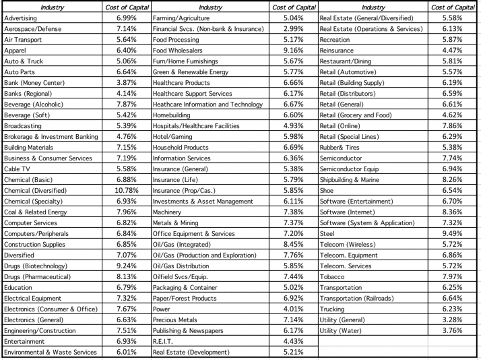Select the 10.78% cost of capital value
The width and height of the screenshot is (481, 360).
coord(126,189)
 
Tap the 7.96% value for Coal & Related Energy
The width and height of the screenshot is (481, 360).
coord(126,211)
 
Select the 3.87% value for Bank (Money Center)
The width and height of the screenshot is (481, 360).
coord(126,82)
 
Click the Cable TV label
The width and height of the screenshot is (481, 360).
coord(17,168)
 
